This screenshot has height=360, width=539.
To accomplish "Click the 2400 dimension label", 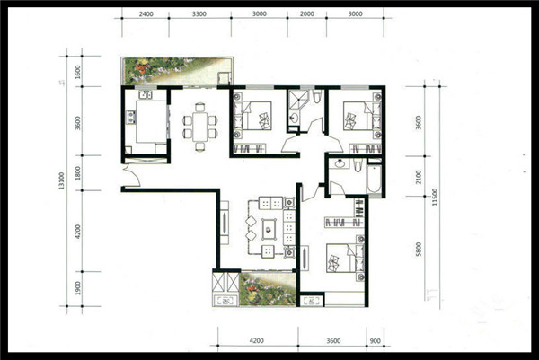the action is click(146, 14).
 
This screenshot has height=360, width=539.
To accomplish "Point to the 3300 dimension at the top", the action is click(199, 14).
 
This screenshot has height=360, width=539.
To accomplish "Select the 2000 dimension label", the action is click(307, 14).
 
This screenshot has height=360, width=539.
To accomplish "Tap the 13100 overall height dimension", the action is click(61, 180).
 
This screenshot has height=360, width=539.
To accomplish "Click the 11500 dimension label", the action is click(435, 197).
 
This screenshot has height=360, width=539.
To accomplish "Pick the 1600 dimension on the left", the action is click(77, 72).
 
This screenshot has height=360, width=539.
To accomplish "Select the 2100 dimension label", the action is click(419, 177).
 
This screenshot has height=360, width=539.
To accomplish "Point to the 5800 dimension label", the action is click(419, 249).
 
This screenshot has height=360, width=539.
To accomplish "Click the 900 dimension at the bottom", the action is click(376, 341).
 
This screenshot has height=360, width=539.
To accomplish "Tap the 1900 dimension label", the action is click(77, 288).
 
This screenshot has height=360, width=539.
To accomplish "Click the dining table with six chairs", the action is click(200, 127).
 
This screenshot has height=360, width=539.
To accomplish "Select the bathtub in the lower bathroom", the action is click(374, 179).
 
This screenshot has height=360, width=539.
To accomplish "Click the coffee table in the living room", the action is click(269, 229).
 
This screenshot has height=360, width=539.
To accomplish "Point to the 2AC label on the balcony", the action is click(225, 302).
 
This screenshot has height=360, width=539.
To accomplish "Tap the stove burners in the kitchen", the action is click(131, 118).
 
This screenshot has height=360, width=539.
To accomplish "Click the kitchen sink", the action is click(146, 94).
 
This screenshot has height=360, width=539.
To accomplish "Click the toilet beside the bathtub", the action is click(358, 165).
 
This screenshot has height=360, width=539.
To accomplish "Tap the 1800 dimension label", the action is click(77, 173).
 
